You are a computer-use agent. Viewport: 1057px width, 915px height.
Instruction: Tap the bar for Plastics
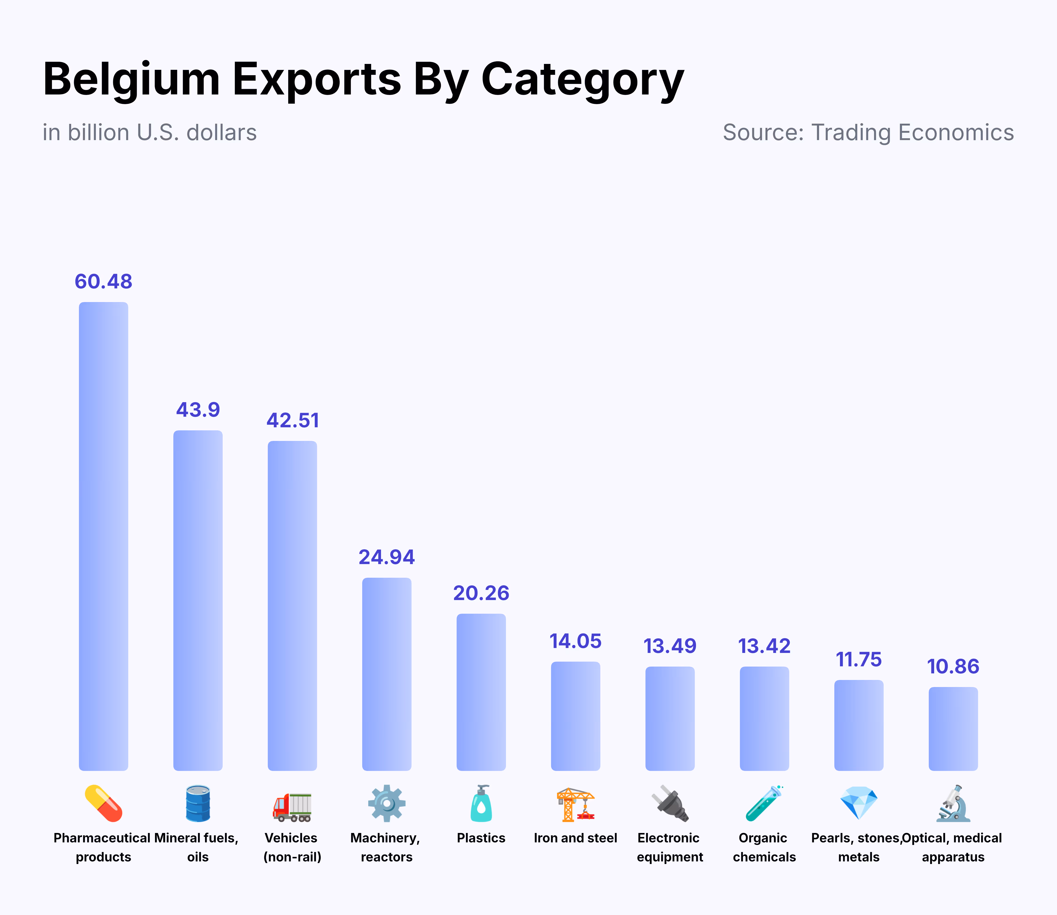pyautogui.click(x=481, y=692)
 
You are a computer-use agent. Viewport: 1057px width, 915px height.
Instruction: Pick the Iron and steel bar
pyautogui.click(x=575, y=716)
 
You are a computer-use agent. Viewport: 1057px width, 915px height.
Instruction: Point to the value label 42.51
pyautogui.click(x=292, y=420)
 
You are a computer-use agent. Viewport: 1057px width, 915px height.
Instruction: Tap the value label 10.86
pyautogui.click(x=953, y=666)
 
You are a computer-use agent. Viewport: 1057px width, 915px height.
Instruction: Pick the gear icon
pyautogui.click(x=386, y=803)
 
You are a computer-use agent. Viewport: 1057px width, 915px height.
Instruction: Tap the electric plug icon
pyautogui.click(x=670, y=803)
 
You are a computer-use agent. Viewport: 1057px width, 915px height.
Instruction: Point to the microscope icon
pyautogui.click(x=953, y=803)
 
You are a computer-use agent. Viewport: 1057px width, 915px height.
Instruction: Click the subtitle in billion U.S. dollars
pyautogui.click(x=150, y=132)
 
